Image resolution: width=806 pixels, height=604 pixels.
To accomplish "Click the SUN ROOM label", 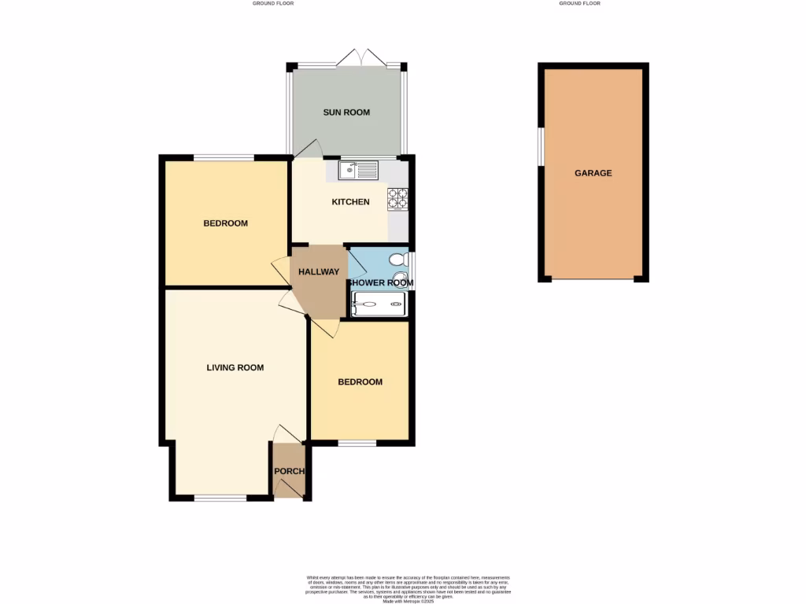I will [x=346, y=112].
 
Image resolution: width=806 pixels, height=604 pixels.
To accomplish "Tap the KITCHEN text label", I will [x=350, y=202].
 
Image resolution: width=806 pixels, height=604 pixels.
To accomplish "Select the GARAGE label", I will [x=593, y=173].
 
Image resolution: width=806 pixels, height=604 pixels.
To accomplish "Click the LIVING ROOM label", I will [x=235, y=367].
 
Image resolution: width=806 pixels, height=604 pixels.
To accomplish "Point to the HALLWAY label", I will [x=319, y=272].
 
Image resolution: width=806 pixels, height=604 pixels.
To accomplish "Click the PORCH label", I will [x=288, y=471].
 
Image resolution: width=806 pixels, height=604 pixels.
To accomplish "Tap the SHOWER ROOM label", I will [x=380, y=283].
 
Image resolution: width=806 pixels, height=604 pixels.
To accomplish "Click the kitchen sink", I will [x=358, y=168].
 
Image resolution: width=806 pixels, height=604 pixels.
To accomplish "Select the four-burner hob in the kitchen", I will [x=397, y=199].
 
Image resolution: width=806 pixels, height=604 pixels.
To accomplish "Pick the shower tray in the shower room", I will [x=379, y=304].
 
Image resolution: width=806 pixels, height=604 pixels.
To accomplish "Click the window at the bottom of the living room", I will [x=220, y=497].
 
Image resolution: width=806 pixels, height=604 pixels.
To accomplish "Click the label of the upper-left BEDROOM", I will [x=225, y=223].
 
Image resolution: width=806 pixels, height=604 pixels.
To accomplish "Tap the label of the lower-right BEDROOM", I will [x=360, y=382].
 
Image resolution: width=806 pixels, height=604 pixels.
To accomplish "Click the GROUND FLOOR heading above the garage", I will [x=579, y=3].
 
